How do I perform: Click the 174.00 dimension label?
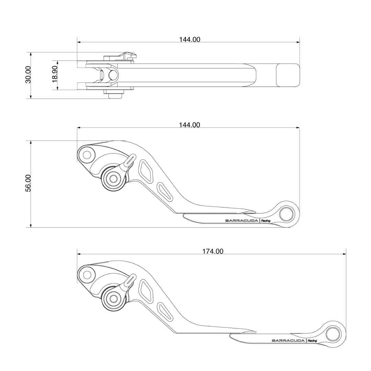point(213,251)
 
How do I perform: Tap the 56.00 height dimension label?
point(28,183)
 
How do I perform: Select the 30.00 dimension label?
point(28,75)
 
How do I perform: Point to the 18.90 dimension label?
point(55,74)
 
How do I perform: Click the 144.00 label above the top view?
point(190,40)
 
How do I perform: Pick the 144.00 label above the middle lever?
point(190,125)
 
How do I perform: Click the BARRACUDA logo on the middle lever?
point(241,221)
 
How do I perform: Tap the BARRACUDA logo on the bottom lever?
point(288,340)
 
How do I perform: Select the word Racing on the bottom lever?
point(312,341)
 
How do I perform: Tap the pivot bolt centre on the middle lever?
point(114,179)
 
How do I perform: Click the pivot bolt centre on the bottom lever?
point(114,299)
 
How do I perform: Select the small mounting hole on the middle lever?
point(87,155)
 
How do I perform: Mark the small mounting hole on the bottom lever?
point(87,275)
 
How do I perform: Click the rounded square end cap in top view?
point(288,75)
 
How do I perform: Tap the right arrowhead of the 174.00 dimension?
point(344,254)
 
